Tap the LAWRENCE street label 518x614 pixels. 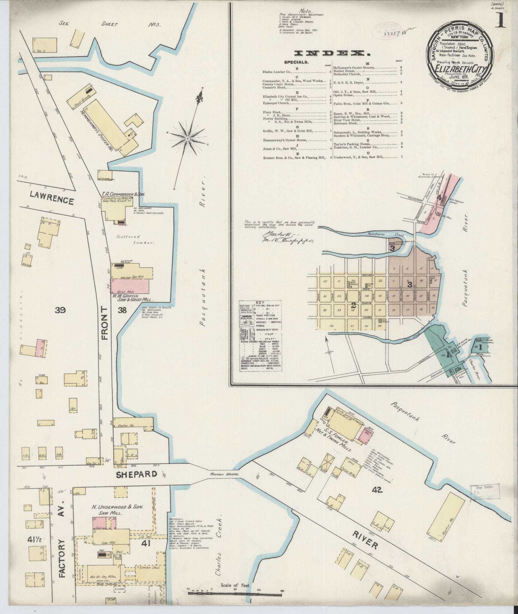[52, 201]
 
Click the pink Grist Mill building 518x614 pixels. [130, 285]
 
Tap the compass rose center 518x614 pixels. [187, 138]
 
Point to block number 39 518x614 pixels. [60, 310]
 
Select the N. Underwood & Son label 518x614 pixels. [117, 507]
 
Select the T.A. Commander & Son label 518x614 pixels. [124, 194]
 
